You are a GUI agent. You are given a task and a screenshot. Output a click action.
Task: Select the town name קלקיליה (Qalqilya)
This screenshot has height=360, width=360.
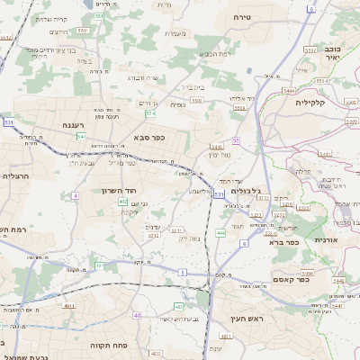coord(315,103)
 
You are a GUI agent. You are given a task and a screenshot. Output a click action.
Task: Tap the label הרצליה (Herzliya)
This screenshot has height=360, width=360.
coord(16,176)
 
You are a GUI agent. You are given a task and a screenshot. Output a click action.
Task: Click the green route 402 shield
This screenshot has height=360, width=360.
coord(122,202)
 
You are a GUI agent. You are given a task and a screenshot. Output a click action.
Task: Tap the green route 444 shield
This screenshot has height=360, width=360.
coord(220,233)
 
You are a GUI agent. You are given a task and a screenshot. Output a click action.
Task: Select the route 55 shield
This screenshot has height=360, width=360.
coord(236,140)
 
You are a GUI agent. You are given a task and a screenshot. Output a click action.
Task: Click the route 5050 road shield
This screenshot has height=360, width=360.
coord(306,272)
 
